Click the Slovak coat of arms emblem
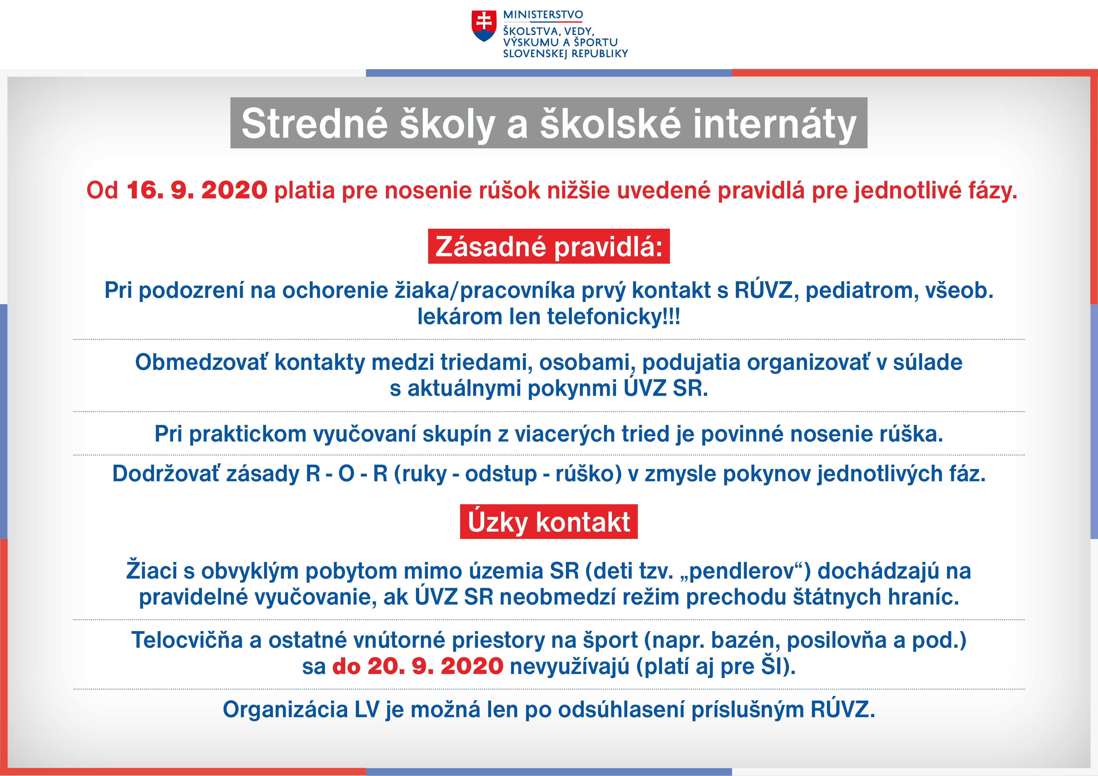(484, 26)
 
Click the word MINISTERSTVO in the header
(543, 15)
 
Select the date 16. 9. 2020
(197, 190)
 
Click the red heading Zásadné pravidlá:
(548, 246)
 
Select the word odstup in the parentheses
(501, 474)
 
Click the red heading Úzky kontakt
(548, 521)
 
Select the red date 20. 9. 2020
(435, 666)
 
